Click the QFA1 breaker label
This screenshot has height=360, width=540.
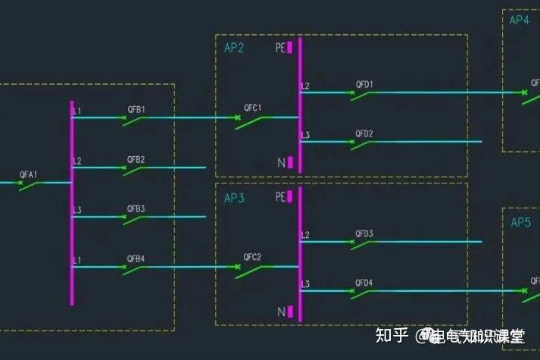[29, 174]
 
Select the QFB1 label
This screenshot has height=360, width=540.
[136, 110]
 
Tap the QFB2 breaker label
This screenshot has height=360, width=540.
[136, 159]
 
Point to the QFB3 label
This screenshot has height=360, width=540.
[136, 208]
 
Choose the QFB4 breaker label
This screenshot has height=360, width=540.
[136, 259]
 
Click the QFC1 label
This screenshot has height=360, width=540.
[252, 108]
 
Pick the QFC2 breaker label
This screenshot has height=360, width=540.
[252, 257]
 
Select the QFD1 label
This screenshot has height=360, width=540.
[364, 84]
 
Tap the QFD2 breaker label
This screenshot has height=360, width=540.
[364, 133]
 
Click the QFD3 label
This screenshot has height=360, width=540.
[364, 233]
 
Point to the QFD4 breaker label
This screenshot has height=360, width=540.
[364, 283]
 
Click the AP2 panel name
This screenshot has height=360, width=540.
[234, 48]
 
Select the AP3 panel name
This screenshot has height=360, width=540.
[234, 198]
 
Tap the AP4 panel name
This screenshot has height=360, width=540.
[520, 20]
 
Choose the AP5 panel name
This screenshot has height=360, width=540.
[520, 222]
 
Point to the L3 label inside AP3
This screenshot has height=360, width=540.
[305, 284]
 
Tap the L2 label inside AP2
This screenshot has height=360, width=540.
[305, 86]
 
